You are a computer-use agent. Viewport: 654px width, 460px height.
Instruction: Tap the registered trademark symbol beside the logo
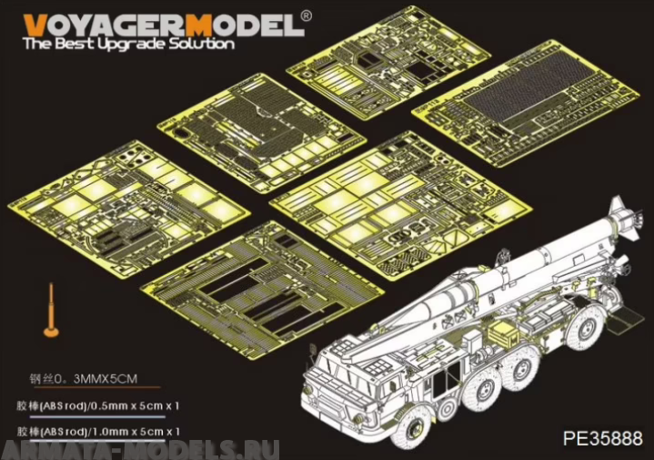pyautogui.click(x=306, y=15)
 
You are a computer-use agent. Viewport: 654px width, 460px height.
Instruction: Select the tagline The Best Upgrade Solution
pyautogui.click(x=128, y=44)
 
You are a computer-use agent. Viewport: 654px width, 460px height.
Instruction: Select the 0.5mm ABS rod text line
pyautogui.click(x=99, y=404)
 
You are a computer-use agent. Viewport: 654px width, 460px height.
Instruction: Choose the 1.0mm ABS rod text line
pyautogui.click(x=99, y=430)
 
